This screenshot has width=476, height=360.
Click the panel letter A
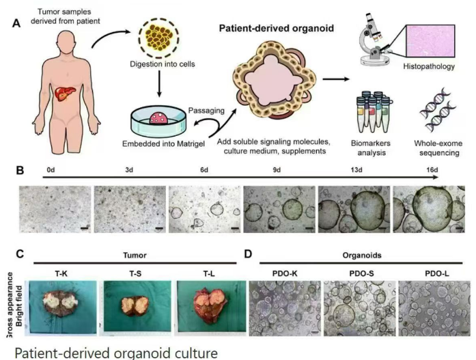coord(16,23)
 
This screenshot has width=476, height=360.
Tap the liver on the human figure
coord(65,93)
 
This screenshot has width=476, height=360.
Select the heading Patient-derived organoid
coord(277,28)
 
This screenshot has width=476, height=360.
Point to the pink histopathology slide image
coord(430,41)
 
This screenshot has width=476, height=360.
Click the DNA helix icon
coord(438,110)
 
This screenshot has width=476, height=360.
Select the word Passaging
coord(206,110)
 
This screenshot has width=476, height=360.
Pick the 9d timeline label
coord(277,170)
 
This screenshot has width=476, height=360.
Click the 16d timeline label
coord(432,170)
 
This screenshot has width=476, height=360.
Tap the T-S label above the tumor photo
coord(135,274)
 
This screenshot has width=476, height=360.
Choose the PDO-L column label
coord(437,274)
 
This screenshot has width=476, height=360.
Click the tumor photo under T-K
coord(63,307)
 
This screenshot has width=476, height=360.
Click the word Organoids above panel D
coord(362,255)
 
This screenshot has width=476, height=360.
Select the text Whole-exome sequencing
coord(438,148)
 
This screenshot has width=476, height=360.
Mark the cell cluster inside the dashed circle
coord(158,38)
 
